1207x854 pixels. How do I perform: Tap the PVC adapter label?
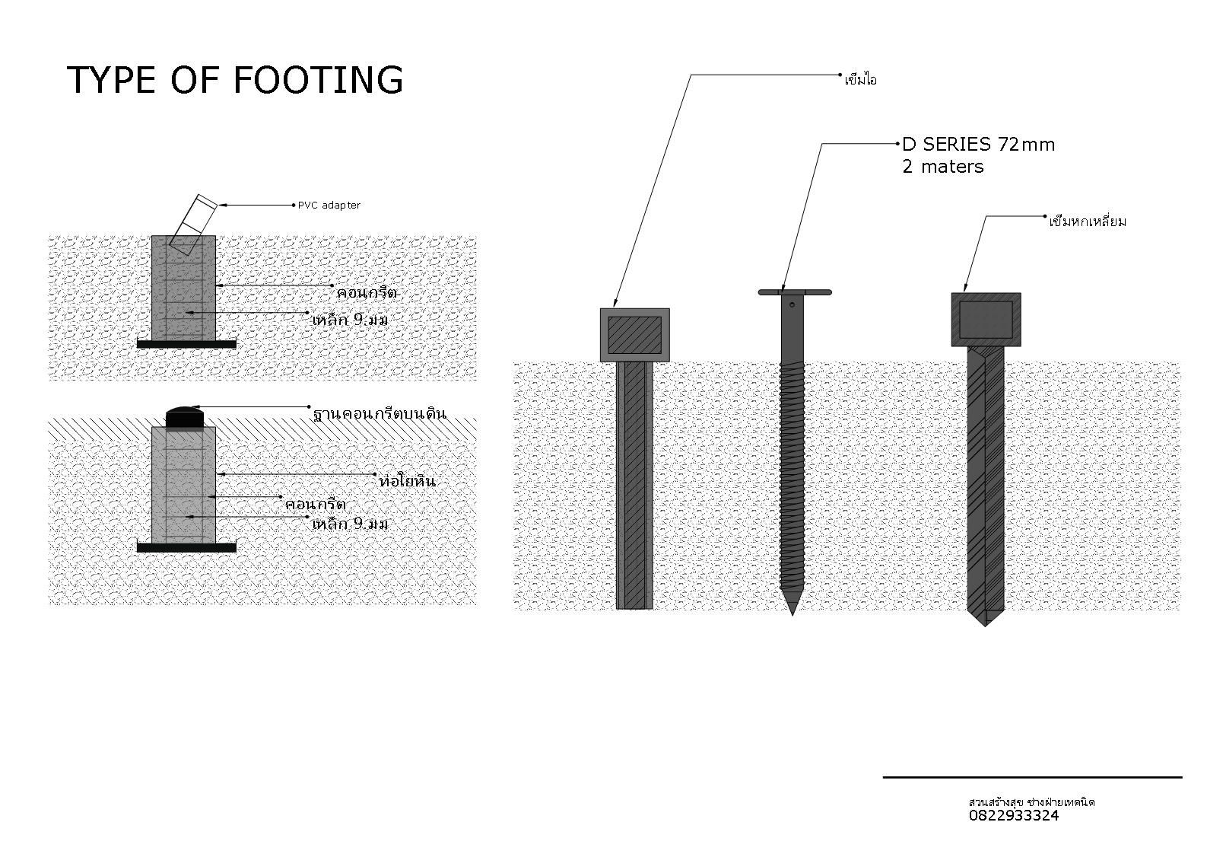tap(329, 206)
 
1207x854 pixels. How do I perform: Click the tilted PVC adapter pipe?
tap(193, 221)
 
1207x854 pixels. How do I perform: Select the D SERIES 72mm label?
tap(978, 144)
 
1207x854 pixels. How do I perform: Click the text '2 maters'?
tap(942, 167)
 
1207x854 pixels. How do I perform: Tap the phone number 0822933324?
tap(1013, 816)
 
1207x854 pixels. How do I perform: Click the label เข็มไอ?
tap(860, 80)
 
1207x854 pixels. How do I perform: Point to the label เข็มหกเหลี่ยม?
tap(1087, 222)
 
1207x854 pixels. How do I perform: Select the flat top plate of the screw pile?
tap(795, 292)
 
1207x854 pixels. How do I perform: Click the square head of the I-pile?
tap(634, 335)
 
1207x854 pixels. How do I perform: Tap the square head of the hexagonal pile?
tap(986, 320)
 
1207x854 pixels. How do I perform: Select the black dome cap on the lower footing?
tap(185, 417)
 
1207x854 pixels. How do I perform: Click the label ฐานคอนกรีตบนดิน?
tap(379, 415)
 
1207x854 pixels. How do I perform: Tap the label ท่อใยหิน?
tap(407, 482)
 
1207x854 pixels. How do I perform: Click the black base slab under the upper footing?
tap(186, 344)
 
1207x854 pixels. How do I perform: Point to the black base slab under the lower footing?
tap(186, 547)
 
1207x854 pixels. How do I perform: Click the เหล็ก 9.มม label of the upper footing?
tap(350, 320)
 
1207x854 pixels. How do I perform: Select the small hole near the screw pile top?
tap(792, 305)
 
